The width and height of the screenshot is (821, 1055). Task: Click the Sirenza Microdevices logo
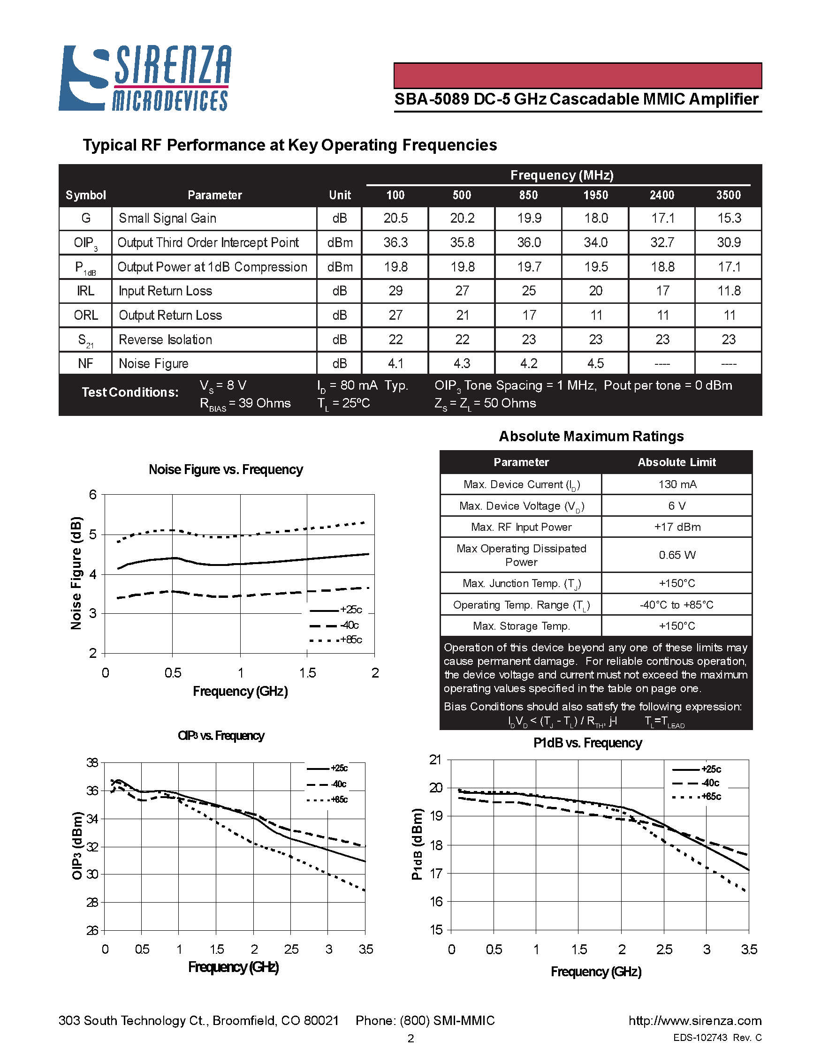(145, 78)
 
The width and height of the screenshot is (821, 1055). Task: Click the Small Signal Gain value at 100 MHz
(395, 219)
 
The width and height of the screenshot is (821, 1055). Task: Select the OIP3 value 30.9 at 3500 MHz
(728, 242)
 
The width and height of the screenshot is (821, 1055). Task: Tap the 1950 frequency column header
(595, 195)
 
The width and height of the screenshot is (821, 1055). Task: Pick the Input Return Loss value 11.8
(728, 291)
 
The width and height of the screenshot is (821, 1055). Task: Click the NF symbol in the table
(85, 363)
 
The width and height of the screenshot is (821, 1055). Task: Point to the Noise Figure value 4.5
(595, 363)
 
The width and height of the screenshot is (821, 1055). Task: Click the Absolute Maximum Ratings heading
(591, 436)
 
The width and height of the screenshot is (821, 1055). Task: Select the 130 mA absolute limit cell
(677, 484)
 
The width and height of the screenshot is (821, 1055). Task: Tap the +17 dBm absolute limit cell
(677, 527)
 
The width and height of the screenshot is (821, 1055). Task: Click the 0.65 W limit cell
(677, 555)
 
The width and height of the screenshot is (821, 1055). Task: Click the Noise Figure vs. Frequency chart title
(226, 469)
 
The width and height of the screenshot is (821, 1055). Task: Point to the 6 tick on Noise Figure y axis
(93, 495)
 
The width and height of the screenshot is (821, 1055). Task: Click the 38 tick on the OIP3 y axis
(92, 763)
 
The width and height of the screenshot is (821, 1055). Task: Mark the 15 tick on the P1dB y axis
(436, 930)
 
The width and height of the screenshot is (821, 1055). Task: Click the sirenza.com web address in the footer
(694, 1021)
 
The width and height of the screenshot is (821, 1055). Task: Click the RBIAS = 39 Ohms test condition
(245, 404)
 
